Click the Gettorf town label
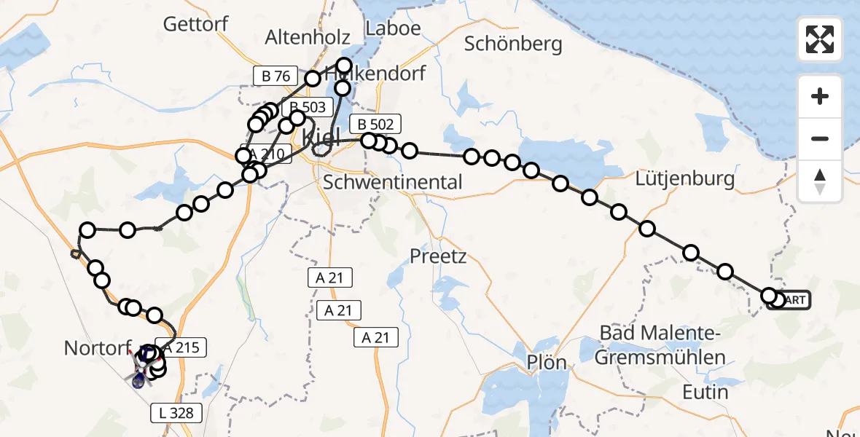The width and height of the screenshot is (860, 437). (x=195, y=24)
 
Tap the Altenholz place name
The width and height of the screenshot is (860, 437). (x=308, y=38)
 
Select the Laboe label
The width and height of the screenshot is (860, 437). (x=394, y=28)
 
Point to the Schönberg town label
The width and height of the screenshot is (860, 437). (x=514, y=44)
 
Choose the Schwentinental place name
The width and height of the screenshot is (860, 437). (x=392, y=182)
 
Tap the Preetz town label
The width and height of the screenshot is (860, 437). (x=438, y=256)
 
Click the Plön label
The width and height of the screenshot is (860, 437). (x=547, y=362)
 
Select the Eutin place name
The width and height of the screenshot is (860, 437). (x=705, y=392)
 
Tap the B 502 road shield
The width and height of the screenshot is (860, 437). (x=375, y=125)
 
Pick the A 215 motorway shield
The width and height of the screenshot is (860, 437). (x=182, y=349)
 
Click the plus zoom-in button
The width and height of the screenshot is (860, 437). (x=820, y=96)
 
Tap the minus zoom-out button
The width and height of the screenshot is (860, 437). (x=820, y=138)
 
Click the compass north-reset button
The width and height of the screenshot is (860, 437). (x=820, y=181)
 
